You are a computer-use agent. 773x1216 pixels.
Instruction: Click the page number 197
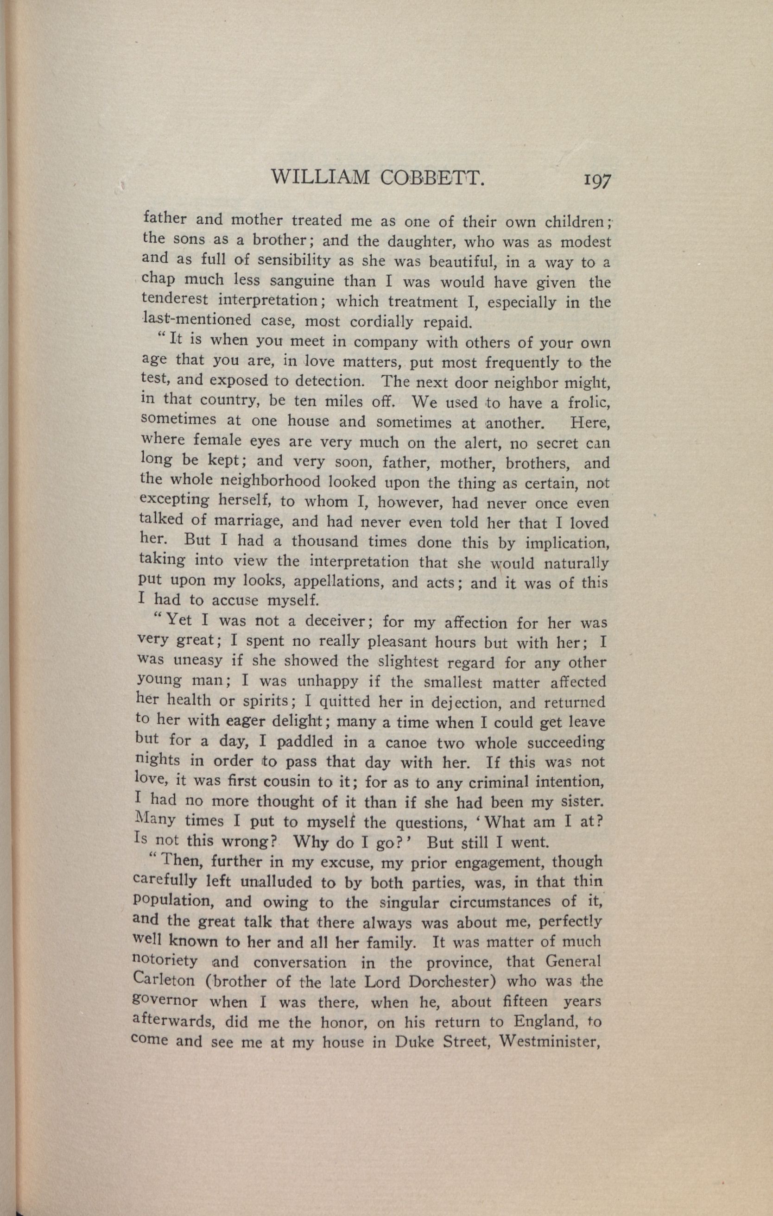(x=597, y=180)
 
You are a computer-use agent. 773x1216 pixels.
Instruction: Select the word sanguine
(x=302, y=280)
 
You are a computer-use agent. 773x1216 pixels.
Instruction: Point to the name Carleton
(x=164, y=980)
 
